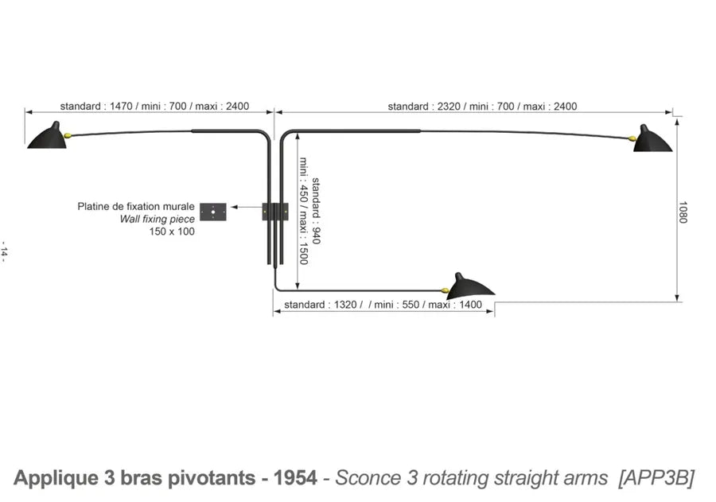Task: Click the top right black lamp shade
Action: pyautogui.click(x=653, y=138)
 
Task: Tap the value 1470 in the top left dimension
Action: pyautogui.click(x=120, y=106)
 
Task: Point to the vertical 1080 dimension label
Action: pyautogui.click(x=682, y=211)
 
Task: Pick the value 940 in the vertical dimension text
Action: pyautogui.click(x=315, y=234)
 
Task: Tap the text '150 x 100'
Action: pyautogui.click(x=172, y=232)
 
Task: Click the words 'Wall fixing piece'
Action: pyautogui.click(x=157, y=219)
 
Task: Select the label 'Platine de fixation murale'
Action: pyautogui.click(x=136, y=206)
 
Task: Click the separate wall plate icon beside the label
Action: pyautogui.click(x=212, y=212)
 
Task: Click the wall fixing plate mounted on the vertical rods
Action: pyautogui.click(x=275, y=211)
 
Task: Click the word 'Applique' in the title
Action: pyautogui.click(x=56, y=477)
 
